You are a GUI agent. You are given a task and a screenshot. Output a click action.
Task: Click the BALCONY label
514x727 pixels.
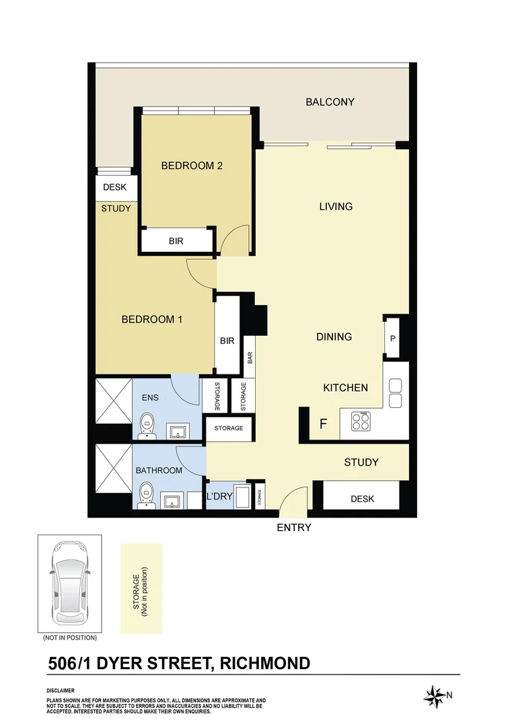[x=330, y=102]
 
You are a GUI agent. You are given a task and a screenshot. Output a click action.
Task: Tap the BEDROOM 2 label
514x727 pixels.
[x=192, y=166]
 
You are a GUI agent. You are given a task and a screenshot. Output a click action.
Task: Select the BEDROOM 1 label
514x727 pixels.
[x=151, y=319]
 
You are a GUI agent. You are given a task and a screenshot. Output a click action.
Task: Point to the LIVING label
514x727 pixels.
[x=336, y=207]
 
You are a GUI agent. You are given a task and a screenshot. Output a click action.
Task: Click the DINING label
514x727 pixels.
[x=334, y=337]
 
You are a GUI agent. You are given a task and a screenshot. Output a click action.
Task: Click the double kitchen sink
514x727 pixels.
[x=395, y=393]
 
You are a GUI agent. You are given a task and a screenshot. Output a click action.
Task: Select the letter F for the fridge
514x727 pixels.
[x=323, y=424]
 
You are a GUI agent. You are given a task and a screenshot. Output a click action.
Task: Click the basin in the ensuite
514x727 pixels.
[x=178, y=431]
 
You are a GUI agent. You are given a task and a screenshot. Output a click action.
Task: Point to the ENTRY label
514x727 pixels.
[x=294, y=528]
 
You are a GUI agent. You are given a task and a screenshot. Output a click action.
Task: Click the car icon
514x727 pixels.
[x=69, y=584]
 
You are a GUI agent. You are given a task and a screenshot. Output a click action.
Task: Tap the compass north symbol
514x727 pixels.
[x=435, y=695]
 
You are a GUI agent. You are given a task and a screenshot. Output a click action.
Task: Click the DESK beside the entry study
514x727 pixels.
[x=363, y=499]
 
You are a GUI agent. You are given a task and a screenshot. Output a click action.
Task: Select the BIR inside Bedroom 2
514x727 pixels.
[x=176, y=240]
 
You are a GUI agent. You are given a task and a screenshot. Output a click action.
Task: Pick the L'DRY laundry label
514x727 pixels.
[x=219, y=496]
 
